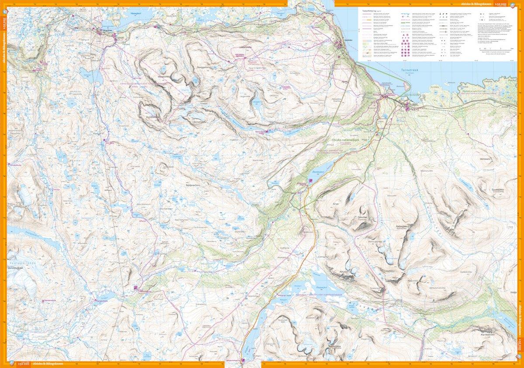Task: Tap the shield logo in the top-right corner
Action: click(519, 4)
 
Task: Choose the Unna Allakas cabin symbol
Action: click(135, 288)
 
